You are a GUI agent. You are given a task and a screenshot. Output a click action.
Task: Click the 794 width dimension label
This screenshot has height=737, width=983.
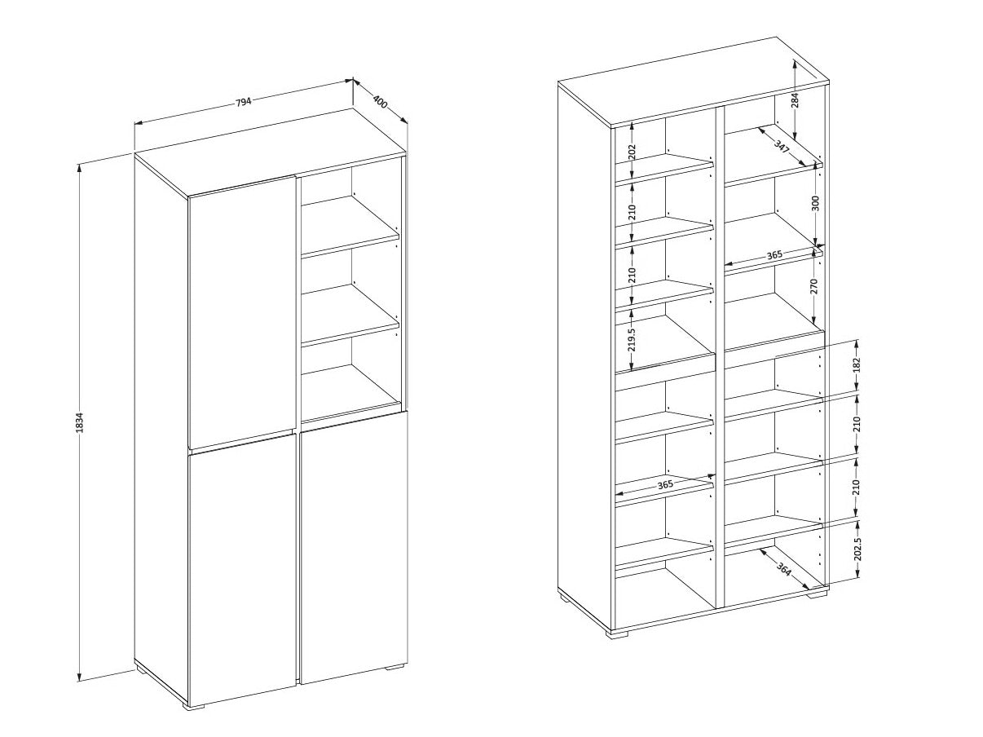243,102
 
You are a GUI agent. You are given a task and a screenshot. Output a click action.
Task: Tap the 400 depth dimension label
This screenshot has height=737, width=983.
380,103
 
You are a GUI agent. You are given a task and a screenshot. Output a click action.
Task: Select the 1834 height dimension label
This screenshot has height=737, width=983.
80,422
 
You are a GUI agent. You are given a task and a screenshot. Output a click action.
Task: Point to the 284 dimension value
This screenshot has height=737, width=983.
795,101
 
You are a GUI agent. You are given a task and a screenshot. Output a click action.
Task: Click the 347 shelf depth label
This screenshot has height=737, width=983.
782,147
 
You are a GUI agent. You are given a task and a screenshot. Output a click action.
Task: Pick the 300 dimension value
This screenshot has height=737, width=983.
814,203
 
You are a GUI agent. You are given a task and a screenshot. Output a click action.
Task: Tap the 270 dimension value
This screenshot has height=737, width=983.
813,286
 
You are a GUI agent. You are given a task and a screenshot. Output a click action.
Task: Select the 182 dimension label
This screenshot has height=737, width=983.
857,365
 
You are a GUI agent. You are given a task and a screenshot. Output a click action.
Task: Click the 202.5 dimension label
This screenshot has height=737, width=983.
857,549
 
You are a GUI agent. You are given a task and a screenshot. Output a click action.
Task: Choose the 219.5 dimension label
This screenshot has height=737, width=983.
632,339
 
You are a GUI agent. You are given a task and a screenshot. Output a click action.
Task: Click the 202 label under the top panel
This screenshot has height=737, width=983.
632,152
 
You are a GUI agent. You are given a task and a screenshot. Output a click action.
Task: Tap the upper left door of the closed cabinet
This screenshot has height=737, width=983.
242,312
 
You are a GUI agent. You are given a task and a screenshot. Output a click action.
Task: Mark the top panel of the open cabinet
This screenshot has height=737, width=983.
694,82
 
